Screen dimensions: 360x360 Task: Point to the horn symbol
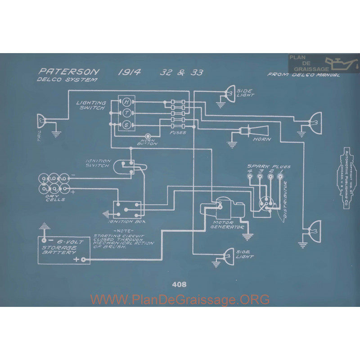(x=249, y=130)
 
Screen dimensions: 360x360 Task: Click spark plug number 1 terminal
(x=280, y=177)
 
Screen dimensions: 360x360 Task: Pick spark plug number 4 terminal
(x=250, y=177)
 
